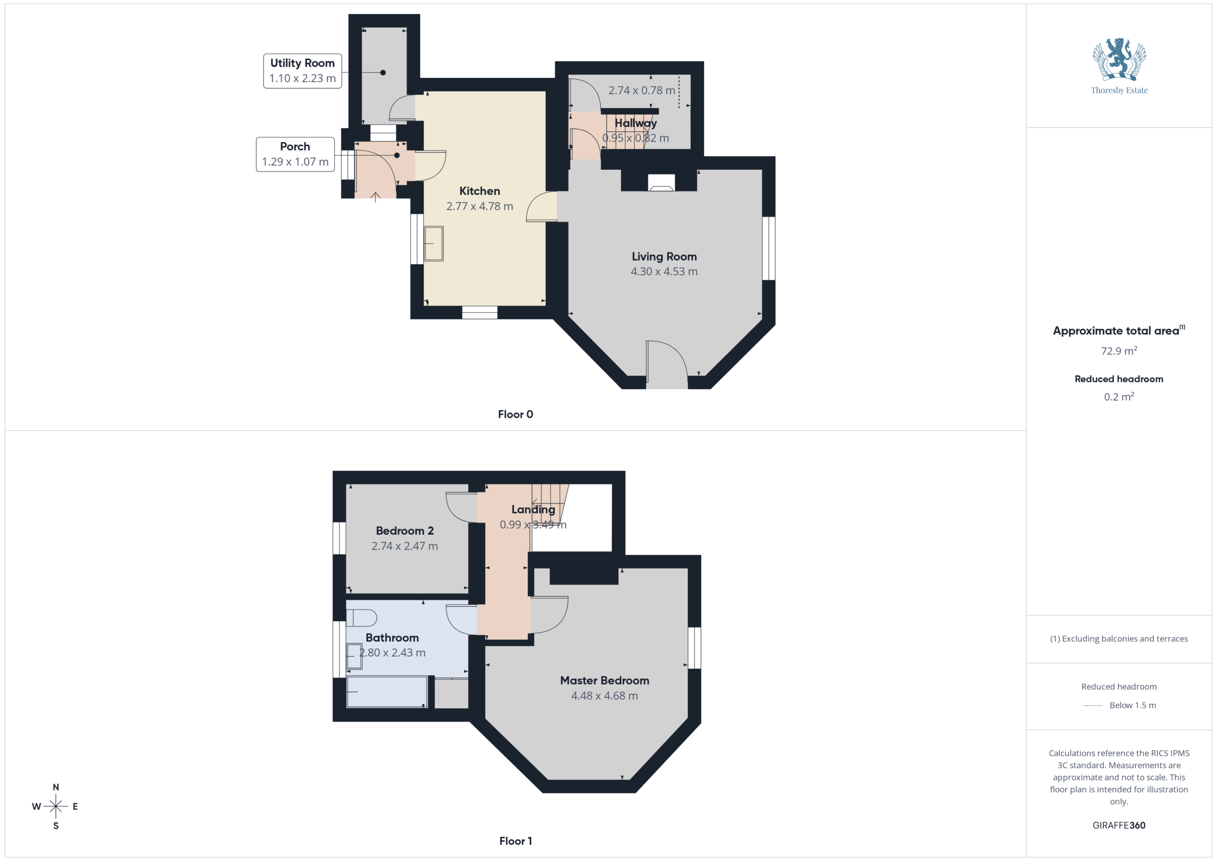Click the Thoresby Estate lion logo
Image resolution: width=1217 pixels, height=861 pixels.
click(x=1119, y=59)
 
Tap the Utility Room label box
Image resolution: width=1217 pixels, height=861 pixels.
click(x=303, y=70)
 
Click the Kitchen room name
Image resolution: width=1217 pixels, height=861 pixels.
click(x=480, y=191)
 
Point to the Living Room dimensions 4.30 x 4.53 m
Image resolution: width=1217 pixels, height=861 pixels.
click(x=664, y=271)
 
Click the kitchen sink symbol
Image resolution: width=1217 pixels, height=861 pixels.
click(x=434, y=244)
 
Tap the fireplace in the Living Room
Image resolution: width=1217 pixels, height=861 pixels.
click(x=661, y=183)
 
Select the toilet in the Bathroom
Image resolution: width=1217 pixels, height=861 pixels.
click(x=361, y=618)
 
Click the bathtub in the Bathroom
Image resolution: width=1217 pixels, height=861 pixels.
click(x=387, y=692)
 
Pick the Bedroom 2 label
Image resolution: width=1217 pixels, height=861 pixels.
click(x=405, y=531)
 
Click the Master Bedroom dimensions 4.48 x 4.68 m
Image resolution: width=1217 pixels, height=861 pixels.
click(x=605, y=696)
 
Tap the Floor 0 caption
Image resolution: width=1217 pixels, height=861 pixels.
click(x=515, y=415)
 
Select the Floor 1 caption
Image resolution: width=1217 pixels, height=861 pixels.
click(x=515, y=841)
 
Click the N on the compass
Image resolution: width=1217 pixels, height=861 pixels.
click(x=56, y=787)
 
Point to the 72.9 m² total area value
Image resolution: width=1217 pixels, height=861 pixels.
click(x=1119, y=350)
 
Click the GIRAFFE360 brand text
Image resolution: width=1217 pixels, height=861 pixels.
click(x=1119, y=825)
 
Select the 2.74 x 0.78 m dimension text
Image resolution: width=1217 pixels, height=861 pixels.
click(x=642, y=90)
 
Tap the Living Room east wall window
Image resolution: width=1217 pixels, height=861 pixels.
click(x=769, y=248)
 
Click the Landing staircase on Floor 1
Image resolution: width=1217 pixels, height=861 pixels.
click(x=550, y=503)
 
